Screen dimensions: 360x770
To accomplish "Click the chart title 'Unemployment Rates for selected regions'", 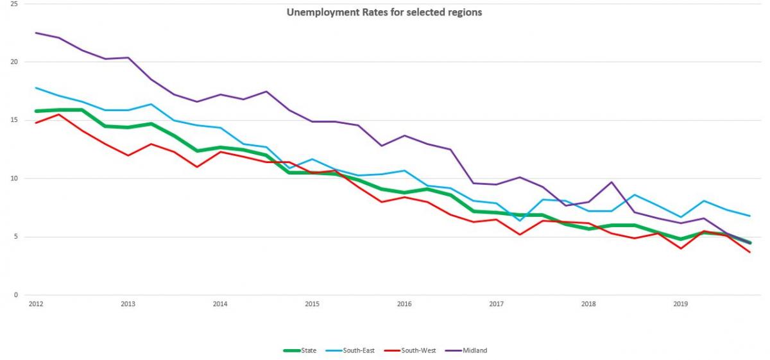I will (384, 12).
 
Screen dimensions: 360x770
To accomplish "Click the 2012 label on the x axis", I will (36, 304).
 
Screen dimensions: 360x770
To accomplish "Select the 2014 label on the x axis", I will (220, 304).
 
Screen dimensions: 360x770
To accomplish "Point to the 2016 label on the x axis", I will (404, 304).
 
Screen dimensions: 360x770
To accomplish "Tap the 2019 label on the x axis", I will (681, 304).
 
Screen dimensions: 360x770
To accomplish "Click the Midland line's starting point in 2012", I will (36, 33).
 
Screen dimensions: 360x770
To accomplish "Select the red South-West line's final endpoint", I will (749, 252).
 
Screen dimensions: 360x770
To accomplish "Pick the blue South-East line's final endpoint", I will (749, 216).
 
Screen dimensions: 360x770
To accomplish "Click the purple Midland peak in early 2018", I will (612, 182).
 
